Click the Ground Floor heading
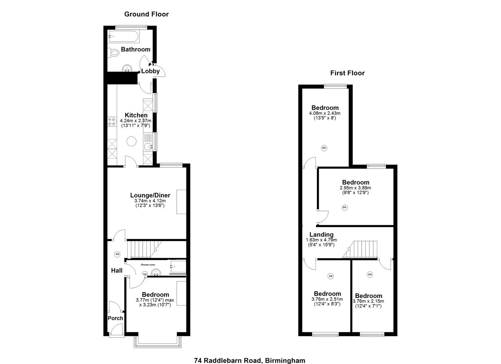[146, 14]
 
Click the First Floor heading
[347, 73]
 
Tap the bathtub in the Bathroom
[123, 36]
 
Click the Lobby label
[150, 71]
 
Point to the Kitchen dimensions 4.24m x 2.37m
[136, 121]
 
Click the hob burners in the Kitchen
[112, 121]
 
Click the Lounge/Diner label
[150, 195]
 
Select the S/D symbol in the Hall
[117, 254]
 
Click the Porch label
[115, 318]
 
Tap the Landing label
[321, 235]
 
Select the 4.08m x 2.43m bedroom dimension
[325, 113]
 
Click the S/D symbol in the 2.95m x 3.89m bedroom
[344, 208]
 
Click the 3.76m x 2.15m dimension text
[368, 301]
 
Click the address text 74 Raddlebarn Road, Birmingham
[249, 360]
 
